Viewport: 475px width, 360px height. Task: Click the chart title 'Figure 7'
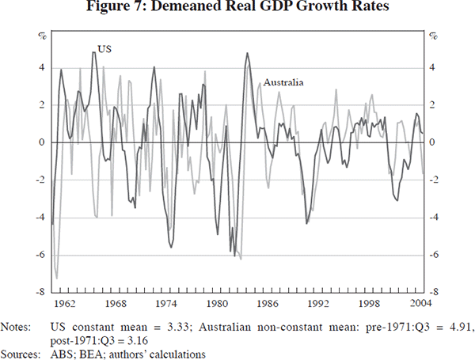[x=237, y=9]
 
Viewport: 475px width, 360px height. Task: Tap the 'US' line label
[x=104, y=49]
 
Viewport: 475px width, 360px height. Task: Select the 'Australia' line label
[x=284, y=82]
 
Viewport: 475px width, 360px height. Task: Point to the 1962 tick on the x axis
[x=64, y=303]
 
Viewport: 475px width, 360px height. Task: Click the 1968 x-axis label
[x=115, y=303]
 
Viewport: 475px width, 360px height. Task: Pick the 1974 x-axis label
[x=165, y=303]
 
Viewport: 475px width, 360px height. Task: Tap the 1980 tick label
[x=215, y=303]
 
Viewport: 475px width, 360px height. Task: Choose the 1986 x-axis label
[x=266, y=303]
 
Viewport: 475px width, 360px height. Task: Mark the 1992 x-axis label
[x=317, y=303]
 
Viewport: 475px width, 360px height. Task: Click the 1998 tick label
[x=367, y=303]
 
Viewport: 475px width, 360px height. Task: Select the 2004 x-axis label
[x=415, y=303]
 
